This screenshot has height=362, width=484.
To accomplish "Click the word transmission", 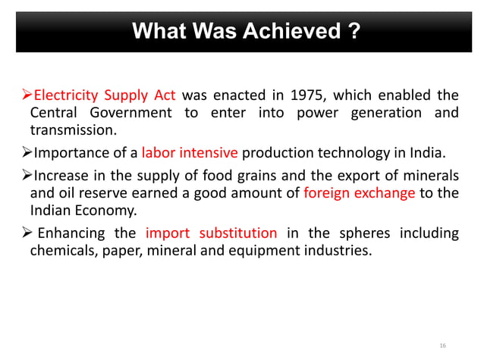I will tap(73, 130).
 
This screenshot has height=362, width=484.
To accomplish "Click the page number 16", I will tap(443, 345).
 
